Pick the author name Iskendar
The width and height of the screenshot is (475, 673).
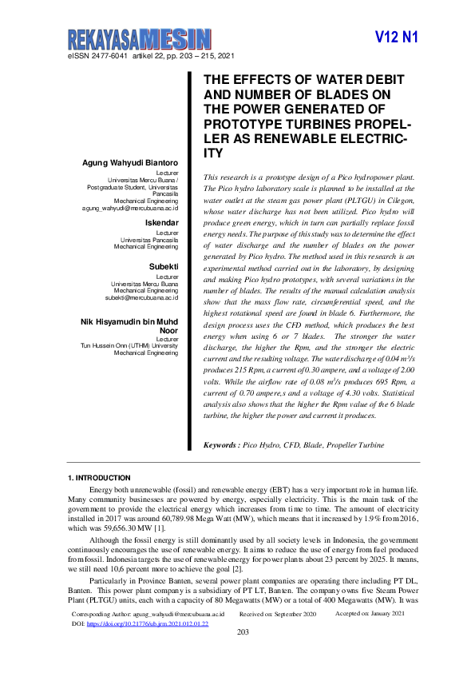(161, 221)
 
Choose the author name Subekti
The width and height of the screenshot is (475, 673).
(163, 266)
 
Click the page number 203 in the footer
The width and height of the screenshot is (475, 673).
(244, 633)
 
